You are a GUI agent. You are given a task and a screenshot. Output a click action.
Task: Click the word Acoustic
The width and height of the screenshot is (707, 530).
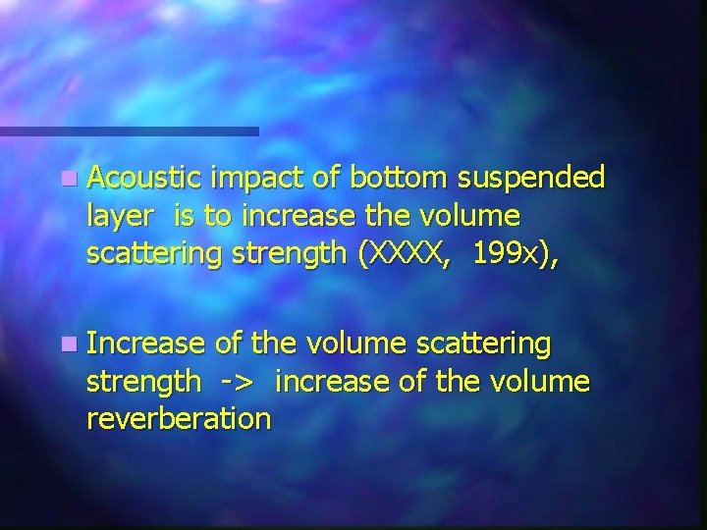[144, 178]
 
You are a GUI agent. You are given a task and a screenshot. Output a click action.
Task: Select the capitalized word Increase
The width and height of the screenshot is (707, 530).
[145, 344]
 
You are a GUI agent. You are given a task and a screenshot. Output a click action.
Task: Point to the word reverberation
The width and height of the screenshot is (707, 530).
[179, 418]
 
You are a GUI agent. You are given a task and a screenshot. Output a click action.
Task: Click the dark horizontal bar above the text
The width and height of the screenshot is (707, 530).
[129, 131]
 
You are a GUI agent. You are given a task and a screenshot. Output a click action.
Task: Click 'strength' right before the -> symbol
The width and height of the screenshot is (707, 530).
[143, 382]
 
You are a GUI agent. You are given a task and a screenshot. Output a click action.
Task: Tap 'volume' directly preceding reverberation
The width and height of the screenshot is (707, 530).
[541, 381]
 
